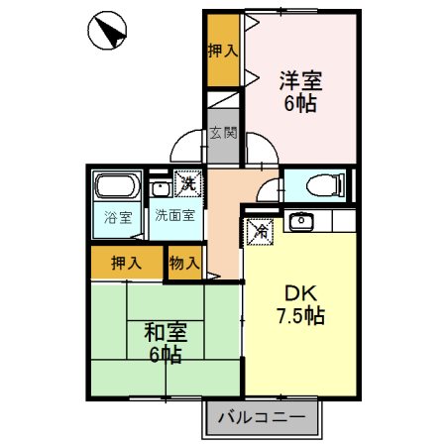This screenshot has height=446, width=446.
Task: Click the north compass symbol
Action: pos(106,35)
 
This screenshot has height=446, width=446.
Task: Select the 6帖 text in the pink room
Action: pos(299,103)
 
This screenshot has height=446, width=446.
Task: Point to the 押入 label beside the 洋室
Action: pos(223,51)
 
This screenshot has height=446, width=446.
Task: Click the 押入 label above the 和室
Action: pos(126,263)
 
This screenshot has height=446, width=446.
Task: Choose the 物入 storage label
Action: pos(184,263)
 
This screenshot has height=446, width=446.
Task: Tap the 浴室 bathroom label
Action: pos(118,217)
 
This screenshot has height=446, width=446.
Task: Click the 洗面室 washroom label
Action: pos(173,215)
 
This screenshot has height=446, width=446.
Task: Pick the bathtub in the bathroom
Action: pos(118,186)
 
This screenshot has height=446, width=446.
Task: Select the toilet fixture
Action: pos(320,185)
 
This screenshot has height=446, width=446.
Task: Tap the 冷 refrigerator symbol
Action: pos(259,229)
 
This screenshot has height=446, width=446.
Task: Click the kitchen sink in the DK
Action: pos(300,221)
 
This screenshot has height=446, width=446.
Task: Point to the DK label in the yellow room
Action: pos(300,294)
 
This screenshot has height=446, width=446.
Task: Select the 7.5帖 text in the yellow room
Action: pos(300,317)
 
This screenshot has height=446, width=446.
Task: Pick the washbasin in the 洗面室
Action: pos(159,186)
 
